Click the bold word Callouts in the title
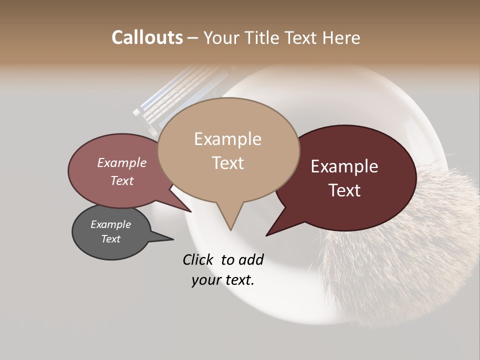pos(147,37)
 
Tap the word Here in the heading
pos(342,38)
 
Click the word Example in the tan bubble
pos(227,139)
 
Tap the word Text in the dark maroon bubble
pos(344,190)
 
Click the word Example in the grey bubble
pos(110,224)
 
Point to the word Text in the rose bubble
pos(121,180)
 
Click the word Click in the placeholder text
pos(199,259)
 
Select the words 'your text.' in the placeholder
pos(222,280)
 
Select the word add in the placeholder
pos(251,259)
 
